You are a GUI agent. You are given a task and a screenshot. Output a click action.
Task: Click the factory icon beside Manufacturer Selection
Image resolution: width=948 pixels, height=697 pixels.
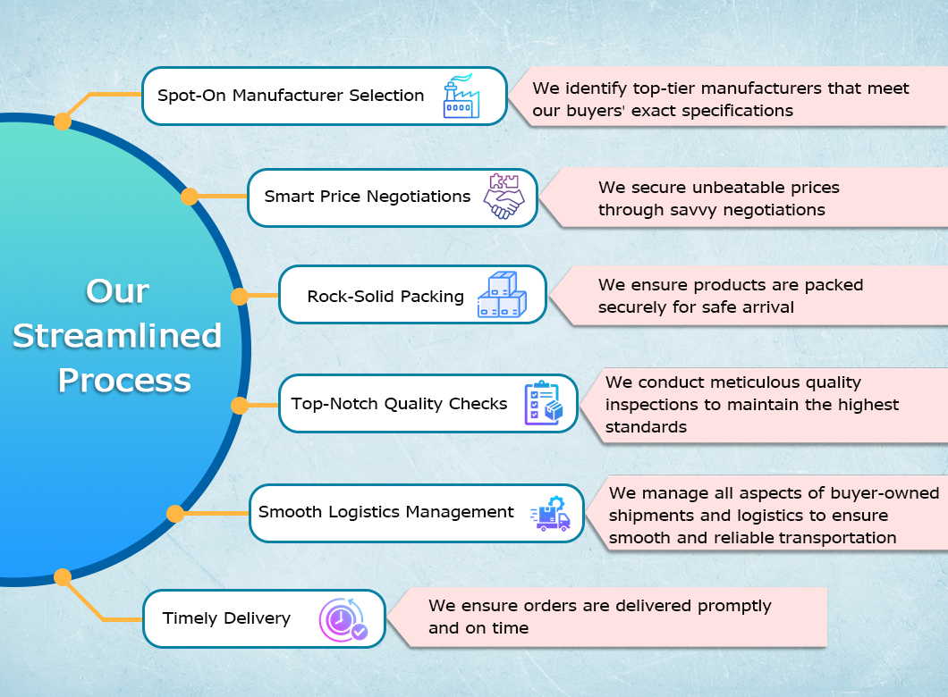pos(461,97)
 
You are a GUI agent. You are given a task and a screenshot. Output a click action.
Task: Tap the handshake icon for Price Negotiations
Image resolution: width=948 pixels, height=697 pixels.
pos(504,197)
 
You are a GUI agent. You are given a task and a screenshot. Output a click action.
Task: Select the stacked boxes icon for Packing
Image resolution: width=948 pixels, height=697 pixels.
pos(502,295)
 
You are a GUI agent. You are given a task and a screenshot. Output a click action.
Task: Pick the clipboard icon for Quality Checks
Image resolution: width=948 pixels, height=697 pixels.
pos(544,404)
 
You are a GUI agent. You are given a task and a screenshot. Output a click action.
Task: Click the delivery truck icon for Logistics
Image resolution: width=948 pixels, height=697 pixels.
pos(550,513)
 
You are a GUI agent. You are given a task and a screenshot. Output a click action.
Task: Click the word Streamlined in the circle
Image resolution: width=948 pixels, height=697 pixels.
pos(117,336)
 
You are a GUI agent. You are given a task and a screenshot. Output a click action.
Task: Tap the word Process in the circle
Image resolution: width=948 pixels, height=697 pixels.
pos(124,381)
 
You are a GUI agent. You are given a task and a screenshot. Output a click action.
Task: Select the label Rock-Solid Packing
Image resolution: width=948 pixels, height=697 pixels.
pos(385,296)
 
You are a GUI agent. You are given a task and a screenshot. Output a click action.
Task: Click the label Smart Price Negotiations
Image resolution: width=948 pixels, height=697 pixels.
pos(368,197)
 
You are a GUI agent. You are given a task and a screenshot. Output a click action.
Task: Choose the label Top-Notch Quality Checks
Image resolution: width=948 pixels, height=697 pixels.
pos(399,404)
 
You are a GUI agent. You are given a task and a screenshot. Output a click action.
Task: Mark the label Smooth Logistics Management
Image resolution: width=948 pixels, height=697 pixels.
pos(386,512)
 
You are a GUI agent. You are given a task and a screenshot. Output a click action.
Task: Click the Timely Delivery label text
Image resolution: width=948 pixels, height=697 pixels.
pos(226,618)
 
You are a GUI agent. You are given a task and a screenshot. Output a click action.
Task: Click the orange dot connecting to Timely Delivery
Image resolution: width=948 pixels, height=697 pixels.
pos(63,577)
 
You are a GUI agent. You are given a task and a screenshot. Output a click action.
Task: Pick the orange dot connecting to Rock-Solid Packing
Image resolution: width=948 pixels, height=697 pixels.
pos(240,296)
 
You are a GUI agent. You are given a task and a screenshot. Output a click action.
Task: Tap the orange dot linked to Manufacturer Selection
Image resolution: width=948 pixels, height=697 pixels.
pos(63,121)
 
